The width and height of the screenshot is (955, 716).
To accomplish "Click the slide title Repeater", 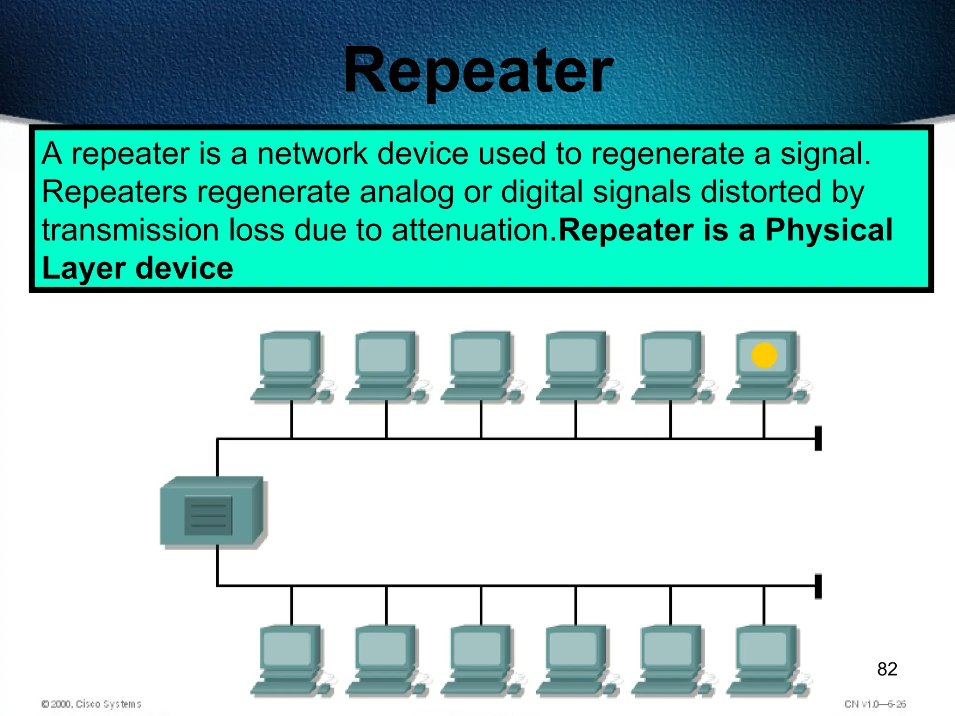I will [478, 71].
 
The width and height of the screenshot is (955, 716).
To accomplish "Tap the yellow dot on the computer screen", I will [764, 355].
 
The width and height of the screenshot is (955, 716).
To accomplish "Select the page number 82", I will [887, 669].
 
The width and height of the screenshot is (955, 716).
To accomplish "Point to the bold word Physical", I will [829, 230].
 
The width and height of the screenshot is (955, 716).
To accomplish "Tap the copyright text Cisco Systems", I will [108, 704].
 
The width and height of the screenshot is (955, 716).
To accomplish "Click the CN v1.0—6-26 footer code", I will [875, 704].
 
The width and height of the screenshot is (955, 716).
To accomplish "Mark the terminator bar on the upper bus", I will [818, 438].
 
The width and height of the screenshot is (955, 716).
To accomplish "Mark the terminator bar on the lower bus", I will [818, 586].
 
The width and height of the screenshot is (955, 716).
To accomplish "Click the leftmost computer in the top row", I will [291, 366].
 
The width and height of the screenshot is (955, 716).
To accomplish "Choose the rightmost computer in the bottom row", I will [767, 660].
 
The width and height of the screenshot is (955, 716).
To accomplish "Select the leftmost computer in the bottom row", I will [291, 660].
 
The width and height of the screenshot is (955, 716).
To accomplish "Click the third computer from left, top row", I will [481, 366].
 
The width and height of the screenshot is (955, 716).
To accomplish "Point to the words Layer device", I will [138, 268].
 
